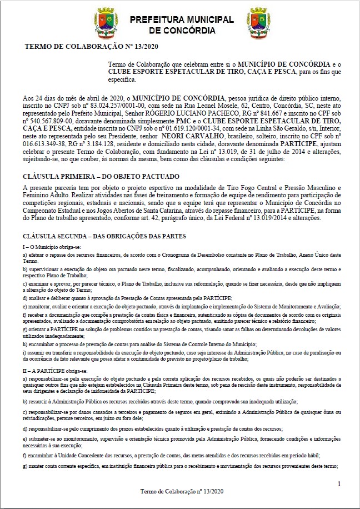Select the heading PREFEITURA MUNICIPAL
pos(182,19)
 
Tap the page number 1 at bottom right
pos(339,485)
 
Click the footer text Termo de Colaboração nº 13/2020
pos(182,491)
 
